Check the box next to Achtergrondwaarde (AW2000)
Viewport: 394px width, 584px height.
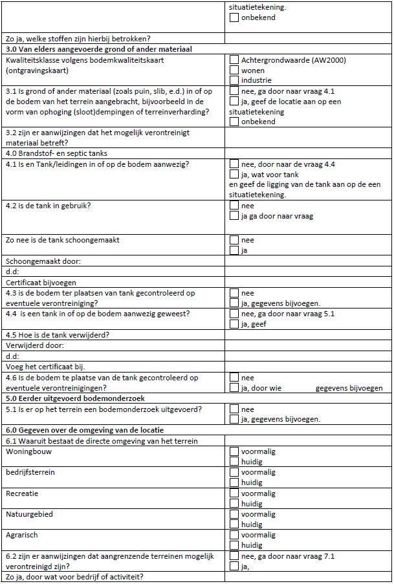[x=234, y=60]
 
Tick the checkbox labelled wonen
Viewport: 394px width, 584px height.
[x=234, y=70]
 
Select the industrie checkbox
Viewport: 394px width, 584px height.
[x=234, y=81]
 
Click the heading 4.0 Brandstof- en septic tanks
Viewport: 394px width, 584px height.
[x=57, y=153]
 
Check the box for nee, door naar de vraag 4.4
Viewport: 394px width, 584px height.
[x=234, y=164]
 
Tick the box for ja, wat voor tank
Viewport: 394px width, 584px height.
[x=234, y=175]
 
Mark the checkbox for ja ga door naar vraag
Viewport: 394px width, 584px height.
[x=234, y=216]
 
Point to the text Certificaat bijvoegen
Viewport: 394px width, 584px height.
[x=41, y=283]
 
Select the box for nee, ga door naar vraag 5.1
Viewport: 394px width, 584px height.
[x=234, y=314]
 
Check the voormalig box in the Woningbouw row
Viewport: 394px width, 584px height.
[x=234, y=451]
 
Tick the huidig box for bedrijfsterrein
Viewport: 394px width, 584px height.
[x=234, y=482]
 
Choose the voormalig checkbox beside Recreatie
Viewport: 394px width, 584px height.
[x=234, y=493]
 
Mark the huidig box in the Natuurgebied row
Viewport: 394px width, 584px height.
[x=234, y=525]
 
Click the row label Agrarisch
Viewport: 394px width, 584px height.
[x=23, y=535]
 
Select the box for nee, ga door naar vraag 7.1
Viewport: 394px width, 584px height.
[x=234, y=556]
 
